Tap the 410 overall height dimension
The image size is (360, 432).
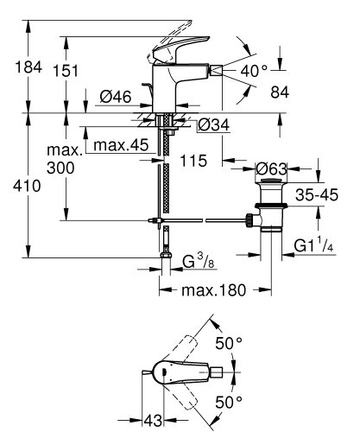pyautogui.click(x=23, y=184)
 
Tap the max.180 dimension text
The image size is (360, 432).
pyautogui.click(x=212, y=292)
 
